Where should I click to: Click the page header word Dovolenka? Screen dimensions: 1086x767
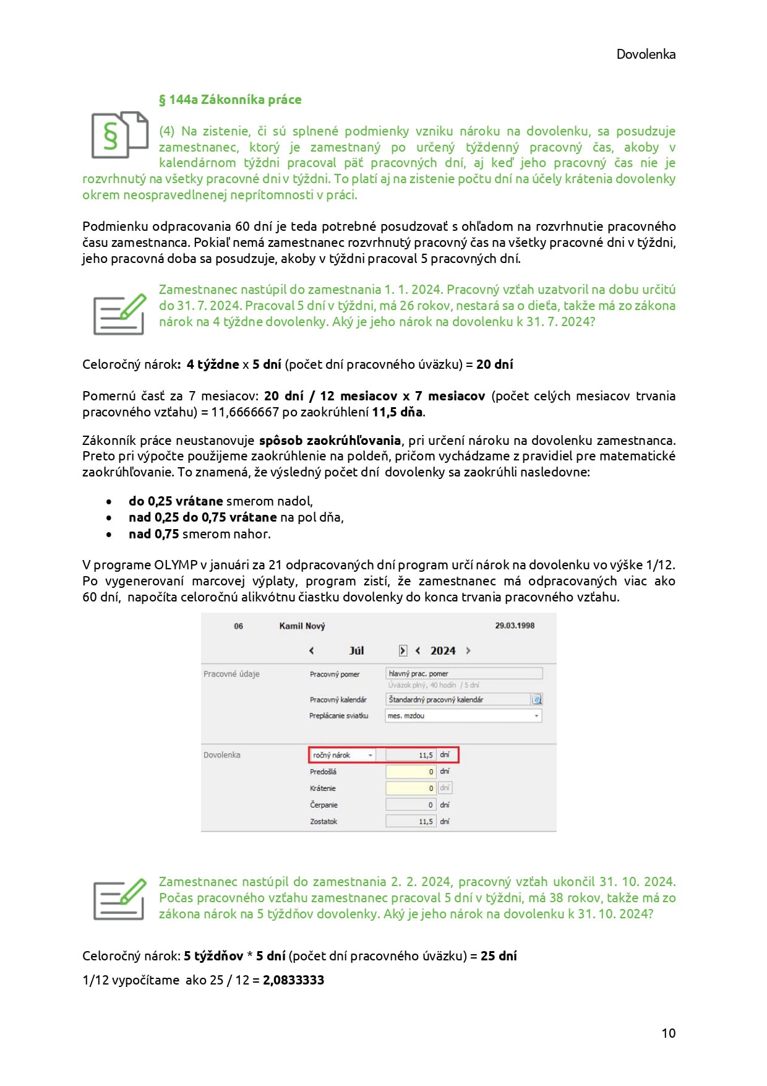(x=645, y=54)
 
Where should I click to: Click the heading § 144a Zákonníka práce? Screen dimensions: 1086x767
(x=230, y=100)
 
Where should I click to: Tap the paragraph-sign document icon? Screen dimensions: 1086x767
(x=119, y=134)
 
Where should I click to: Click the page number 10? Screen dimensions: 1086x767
(x=668, y=1033)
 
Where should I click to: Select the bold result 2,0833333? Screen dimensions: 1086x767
(x=293, y=980)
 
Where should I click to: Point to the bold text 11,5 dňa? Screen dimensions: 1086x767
(x=397, y=412)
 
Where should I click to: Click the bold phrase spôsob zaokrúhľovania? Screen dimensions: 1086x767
(x=330, y=441)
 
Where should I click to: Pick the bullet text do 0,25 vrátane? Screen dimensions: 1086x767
(x=176, y=501)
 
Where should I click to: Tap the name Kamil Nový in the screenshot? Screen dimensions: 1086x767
(x=302, y=626)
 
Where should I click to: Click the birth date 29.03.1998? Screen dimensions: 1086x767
(x=514, y=626)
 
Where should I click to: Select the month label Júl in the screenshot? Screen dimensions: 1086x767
(x=356, y=650)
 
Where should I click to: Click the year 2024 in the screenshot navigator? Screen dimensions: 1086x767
(x=443, y=650)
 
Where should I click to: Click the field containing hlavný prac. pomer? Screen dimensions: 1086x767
(x=463, y=673)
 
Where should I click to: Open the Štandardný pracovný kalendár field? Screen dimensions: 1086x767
(x=458, y=699)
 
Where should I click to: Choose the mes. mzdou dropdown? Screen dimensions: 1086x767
(x=463, y=715)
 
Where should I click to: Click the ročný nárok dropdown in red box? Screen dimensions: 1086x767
(x=343, y=755)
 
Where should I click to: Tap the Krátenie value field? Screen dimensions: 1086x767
(x=411, y=788)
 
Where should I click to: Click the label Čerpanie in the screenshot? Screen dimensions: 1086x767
(x=324, y=805)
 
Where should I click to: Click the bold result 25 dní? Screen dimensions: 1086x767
(x=499, y=955)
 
